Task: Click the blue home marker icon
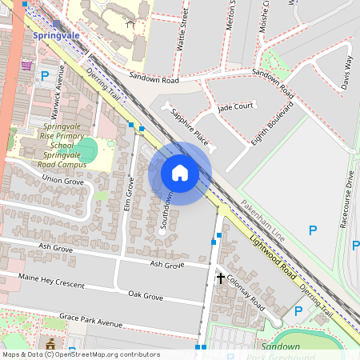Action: click(180, 173)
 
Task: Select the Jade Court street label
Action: click(235, 106)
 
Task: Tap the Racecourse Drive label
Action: click(349, 199)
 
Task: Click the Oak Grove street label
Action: click(146, 296)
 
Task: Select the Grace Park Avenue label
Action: click(94, 322)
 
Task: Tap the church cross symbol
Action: click(220, 278)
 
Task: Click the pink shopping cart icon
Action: click(27, 65)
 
